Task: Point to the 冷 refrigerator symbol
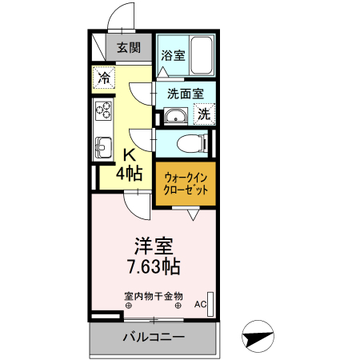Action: click(x=104, y=78)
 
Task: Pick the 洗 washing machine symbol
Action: click(x=204, y=114)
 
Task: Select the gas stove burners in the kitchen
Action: click(x=103, y=112)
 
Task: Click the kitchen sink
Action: click(x=103, y=147)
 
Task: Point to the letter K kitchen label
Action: click(x=128, y=155)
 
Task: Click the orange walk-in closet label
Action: click(x=186, y=185)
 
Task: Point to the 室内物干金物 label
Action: click(x=153, y=295)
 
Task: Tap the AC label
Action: click(x=200, y=305)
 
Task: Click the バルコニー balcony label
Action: click(x=154, y=337)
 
